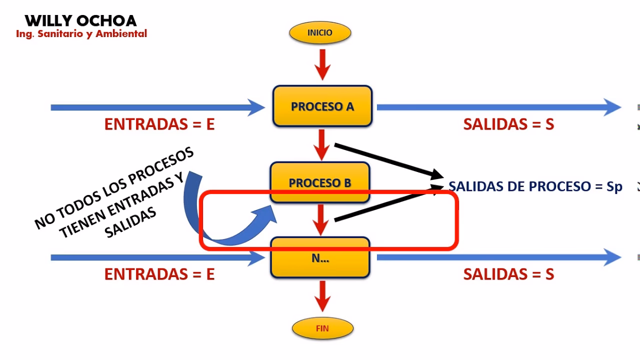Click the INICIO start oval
click(x=320, y=33)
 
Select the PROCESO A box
click(x=322, y=106)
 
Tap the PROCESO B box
click(x=320, y=182)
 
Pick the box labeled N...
click(x=320, y=258)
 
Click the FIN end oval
click(x=322, y=328)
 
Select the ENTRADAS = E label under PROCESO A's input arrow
click(x=159, y=124)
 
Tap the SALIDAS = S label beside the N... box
click(x=508, y=274)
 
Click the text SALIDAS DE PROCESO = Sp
click(x=535, y=186)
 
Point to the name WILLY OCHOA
click(x=80, y=20)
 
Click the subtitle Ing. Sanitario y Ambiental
click(x=81, y=34)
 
